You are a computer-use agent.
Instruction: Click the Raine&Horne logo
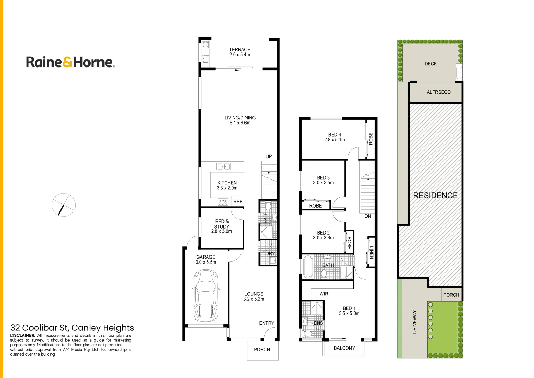[70, 62]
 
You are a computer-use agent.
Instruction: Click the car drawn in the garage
[206, 296]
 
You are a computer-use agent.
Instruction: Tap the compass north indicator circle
[64, 205]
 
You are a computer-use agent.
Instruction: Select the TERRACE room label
[240, 50]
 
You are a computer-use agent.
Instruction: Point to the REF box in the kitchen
[238, 202]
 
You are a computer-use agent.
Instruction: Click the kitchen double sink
[223, 167]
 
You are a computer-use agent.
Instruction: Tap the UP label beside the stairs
[269, 156]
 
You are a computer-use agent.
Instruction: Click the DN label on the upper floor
[368, 216]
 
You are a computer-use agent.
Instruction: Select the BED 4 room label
[334, 135]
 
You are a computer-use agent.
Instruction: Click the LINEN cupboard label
[371, 252]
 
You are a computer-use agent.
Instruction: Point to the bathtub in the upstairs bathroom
[308, 267]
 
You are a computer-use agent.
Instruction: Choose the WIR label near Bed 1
[324, 294]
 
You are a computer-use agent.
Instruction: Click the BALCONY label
[344, 348]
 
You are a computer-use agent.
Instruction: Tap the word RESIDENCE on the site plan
[435, 195]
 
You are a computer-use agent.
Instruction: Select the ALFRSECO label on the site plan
[439, 92]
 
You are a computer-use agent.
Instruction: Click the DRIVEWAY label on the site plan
[414, 322]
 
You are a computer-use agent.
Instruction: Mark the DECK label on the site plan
[430, 64]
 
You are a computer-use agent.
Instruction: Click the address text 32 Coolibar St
[72, 328]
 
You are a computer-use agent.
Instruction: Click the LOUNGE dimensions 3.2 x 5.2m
[254, 299]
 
